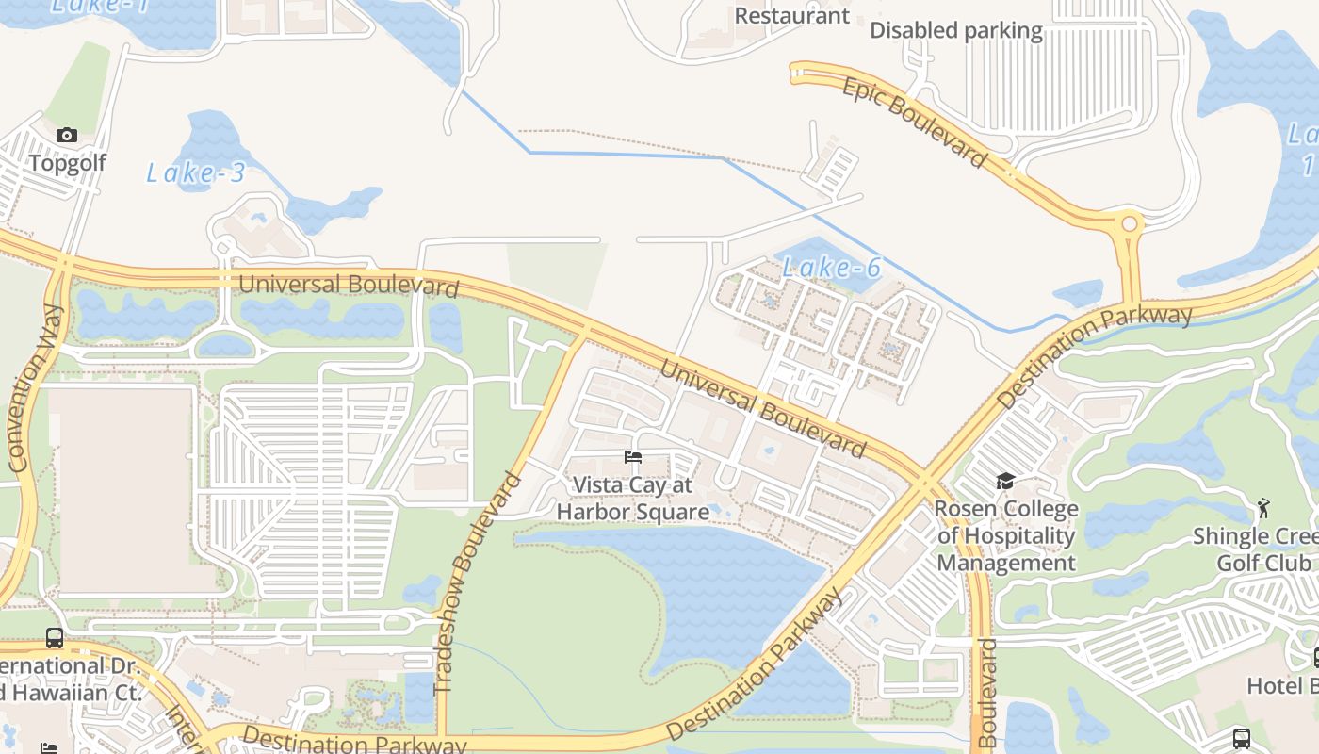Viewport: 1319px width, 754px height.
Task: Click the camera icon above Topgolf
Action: point(66,136)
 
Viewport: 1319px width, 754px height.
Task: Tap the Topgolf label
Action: point(67,163)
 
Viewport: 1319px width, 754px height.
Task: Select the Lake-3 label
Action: point(195,172)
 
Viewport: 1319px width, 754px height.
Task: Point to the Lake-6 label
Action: point(831,269)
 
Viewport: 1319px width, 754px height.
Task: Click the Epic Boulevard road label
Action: point(914,123)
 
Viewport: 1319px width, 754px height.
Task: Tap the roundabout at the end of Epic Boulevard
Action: point(1128,225)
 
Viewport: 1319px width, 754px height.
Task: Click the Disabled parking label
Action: point(955,30)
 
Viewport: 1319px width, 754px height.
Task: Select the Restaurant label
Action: point(791,16)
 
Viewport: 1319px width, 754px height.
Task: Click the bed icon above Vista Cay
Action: point(633,457)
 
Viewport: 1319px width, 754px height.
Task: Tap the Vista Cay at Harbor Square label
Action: point(633,499)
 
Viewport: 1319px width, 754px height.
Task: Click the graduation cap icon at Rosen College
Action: point(1005,482)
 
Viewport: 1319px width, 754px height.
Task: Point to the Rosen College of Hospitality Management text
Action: point(1006,536)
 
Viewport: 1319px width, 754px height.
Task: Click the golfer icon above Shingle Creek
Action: point(1263,509)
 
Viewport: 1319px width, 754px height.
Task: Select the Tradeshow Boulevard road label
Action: point(478,584)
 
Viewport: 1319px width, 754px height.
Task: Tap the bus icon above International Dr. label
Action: point(55,638)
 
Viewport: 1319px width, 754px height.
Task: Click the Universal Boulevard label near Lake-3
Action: point(349,285)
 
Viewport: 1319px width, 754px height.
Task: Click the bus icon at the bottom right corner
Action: point(1241,738)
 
